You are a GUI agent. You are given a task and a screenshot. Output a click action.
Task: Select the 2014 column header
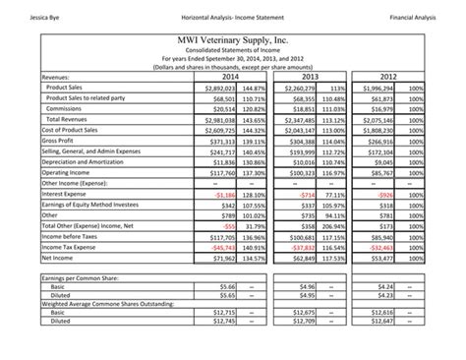coord(231,76)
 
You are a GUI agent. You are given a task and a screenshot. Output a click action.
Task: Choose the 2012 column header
coord(388,76)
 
